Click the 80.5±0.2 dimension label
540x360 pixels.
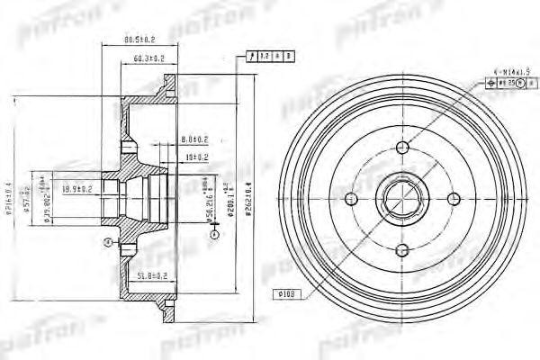(139, 39)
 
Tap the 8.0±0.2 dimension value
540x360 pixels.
(195, 139)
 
